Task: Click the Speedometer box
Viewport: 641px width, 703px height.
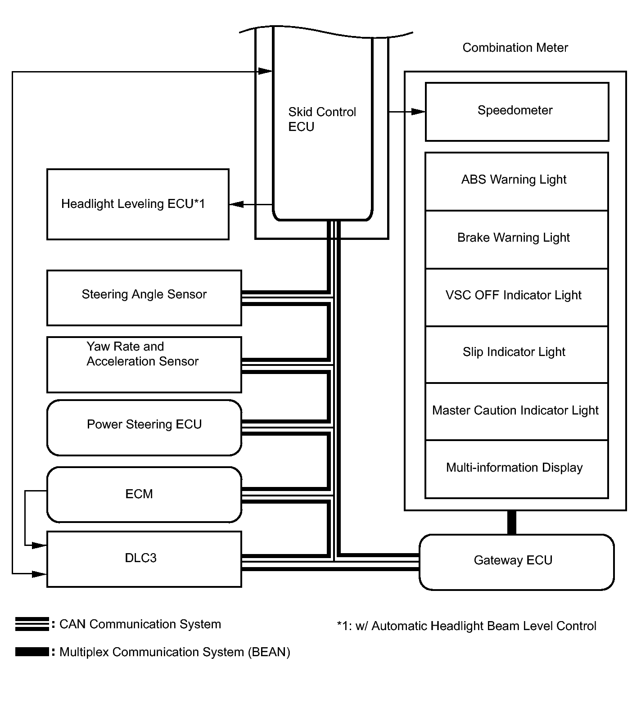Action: (x=517, y=112)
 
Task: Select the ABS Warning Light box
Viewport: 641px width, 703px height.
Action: (x=517, y=181)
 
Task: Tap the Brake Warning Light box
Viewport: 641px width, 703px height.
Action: (x=517, y=239)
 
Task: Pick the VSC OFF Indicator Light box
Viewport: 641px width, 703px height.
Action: (x=517, y=297)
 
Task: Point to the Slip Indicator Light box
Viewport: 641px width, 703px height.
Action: (x=517, y=354)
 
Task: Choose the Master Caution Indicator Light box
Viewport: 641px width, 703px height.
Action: (x=517, y=411)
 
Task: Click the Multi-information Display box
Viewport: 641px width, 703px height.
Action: (x=517, y=469)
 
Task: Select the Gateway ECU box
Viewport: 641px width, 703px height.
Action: (x=516, y=562)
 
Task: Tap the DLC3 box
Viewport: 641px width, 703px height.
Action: (x=144, y=559)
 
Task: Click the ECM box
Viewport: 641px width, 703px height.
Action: (x=144, y=494)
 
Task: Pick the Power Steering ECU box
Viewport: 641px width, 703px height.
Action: (x=144, y=428)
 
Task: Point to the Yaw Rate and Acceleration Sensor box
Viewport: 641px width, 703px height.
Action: (x=144, y=365)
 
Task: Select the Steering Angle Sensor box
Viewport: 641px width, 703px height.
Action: (x=144, y=297)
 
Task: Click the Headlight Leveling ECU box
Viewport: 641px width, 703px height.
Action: (x=138, y=204)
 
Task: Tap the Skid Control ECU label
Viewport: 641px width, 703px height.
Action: (x=322, y=119)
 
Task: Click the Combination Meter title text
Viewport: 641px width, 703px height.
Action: (x=515, y=48)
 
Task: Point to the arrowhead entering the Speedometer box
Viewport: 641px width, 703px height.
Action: (x=419, y=112)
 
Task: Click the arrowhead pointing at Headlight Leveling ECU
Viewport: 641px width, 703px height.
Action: (x=236, y=204)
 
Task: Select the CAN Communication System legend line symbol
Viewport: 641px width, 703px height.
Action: (x=32, y=624)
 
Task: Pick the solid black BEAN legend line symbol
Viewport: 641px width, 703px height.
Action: (x=32, y=652)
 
